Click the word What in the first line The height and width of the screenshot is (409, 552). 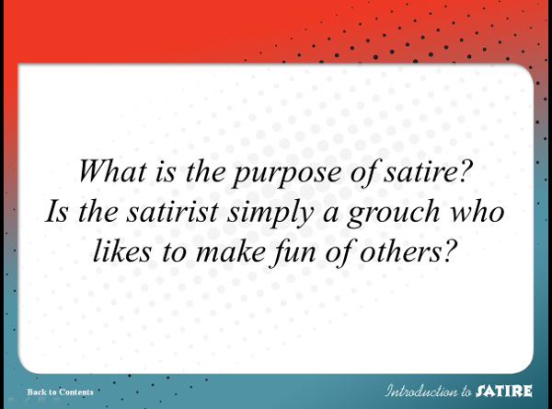coord(112,170)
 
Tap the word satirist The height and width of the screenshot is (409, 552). coord(173,211)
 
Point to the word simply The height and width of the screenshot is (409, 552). coord(270,213)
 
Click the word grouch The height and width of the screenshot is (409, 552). coord(394,213)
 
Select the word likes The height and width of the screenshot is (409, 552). coord(122,251)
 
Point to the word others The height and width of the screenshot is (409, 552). coord(400,251)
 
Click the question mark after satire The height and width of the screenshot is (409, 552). coord(465,170)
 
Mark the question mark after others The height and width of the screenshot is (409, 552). coord(450,251)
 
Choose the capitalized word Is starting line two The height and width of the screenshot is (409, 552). coord(56,211)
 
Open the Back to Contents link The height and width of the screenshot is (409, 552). coord(60,392)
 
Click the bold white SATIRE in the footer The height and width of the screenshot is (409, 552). coord(504,391)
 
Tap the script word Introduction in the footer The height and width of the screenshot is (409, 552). coord(420,391)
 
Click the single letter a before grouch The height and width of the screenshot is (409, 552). coord(331,215)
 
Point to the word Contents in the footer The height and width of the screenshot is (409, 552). coord(76,392)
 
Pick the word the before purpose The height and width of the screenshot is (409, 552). coord(205,170)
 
